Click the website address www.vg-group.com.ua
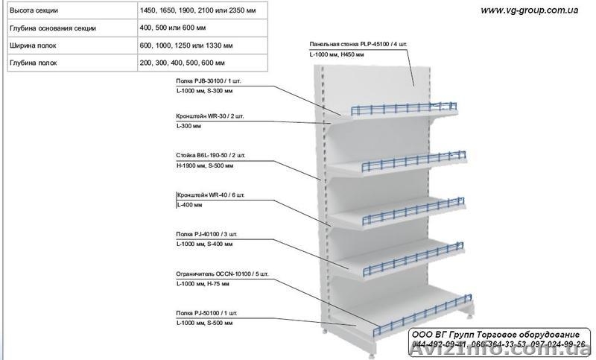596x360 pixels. [x=530, y=10]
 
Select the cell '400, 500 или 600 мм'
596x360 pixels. [x=174, y=28]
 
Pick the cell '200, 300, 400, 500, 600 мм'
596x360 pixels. [x=182, y=63]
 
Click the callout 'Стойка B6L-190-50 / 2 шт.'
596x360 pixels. [x=209, y=156]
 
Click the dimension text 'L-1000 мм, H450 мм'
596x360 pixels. [x=336, y=54]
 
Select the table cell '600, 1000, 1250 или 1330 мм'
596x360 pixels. [x=187, y=45]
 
